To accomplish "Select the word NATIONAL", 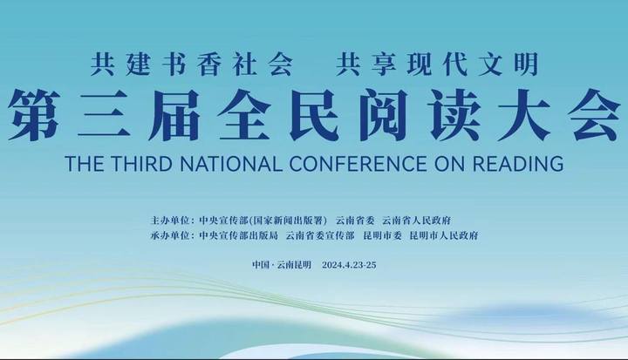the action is pyautogui.click(x=231, y=163).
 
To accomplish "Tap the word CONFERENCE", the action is pyautogui.click(x=358, y=163).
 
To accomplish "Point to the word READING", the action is pyautogui.click(x=518, y=163).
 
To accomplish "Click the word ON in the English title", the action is pyautogui.click(x=450, y=163).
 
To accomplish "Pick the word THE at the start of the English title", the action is pyautogui.click(x=84, y=163).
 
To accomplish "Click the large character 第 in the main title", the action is pyautogui.click(x=34, y=115).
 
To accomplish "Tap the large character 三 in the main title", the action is pyautogui.click(x=104, y=115).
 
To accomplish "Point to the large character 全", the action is pyautogui.click(x=244, y=115).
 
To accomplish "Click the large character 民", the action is pyautogui.click(x=314, y=115).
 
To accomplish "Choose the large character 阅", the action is pyautogui.click(x=384, y=115).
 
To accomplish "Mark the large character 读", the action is pyautogui.click(x=454, y=115).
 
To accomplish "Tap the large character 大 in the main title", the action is pyautogui.click(x=524, y=115).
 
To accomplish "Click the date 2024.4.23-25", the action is pyautogui.click(x=349, y=265).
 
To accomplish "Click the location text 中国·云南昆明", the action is pyautogui.click(x=282, y=265).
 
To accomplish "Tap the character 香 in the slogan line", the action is pyautogui.click(x=208, y=65).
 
